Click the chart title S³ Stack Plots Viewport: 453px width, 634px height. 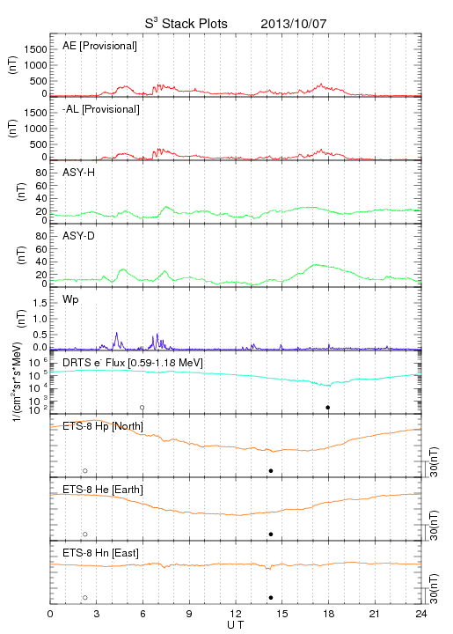pyautogui.click(x=186, y=24)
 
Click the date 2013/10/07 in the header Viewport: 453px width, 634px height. pyautogui.click(x=294, y=24)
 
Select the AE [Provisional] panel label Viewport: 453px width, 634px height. pyautogui.click(x=99, y=46)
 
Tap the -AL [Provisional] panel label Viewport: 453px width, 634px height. pyautogui.click(x=101, y=109)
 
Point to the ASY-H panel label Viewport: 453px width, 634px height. pyautogui.click(x=79, y=173)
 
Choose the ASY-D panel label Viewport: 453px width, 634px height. pyautogui.click(x=79, y=236)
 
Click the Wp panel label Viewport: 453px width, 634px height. pyautogui.click(x=70, y=299)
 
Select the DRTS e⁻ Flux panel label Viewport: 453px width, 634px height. pyautogui.click(x=133, y=363)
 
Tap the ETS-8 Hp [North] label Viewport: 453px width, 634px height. pyautogui.click(x=103, y=426)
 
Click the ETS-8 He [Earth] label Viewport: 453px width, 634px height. pyautogui.click(x=103, y=490)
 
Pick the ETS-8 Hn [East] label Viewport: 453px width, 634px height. pyautogui.click(x=100, y=553)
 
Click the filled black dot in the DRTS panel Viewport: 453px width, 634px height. pyautogui.click(x=328, y=408)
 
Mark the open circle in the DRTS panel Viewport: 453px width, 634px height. pyautogui.click(x=142, y=408)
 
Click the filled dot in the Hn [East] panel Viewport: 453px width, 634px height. pyautogui.click(x=271, y=598)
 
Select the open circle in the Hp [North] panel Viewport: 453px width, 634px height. pyautogui.click(x=85, y=470)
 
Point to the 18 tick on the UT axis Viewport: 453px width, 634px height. pyautogui.click(x=329, y=614)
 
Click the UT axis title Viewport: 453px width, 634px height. pyautogui.click(x=236, y=625)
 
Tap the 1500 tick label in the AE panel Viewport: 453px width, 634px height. pyautogui.click(x=35, y=49)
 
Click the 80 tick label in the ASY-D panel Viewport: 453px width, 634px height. pyautogui.click(x=41, y=236)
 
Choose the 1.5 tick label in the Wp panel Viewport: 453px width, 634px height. pyautogui.click(x=40, y=303)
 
